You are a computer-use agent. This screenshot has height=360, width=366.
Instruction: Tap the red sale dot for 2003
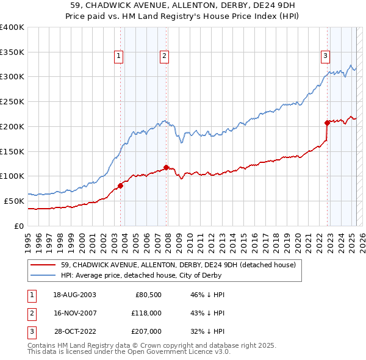(x=120, y=185)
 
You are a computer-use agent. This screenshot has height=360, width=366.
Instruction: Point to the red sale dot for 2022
(x=327, y=123)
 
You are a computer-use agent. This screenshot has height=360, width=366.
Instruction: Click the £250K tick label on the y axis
(x=12, y=101)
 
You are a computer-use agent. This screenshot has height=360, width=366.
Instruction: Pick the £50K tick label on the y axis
(x=14, y=201)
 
